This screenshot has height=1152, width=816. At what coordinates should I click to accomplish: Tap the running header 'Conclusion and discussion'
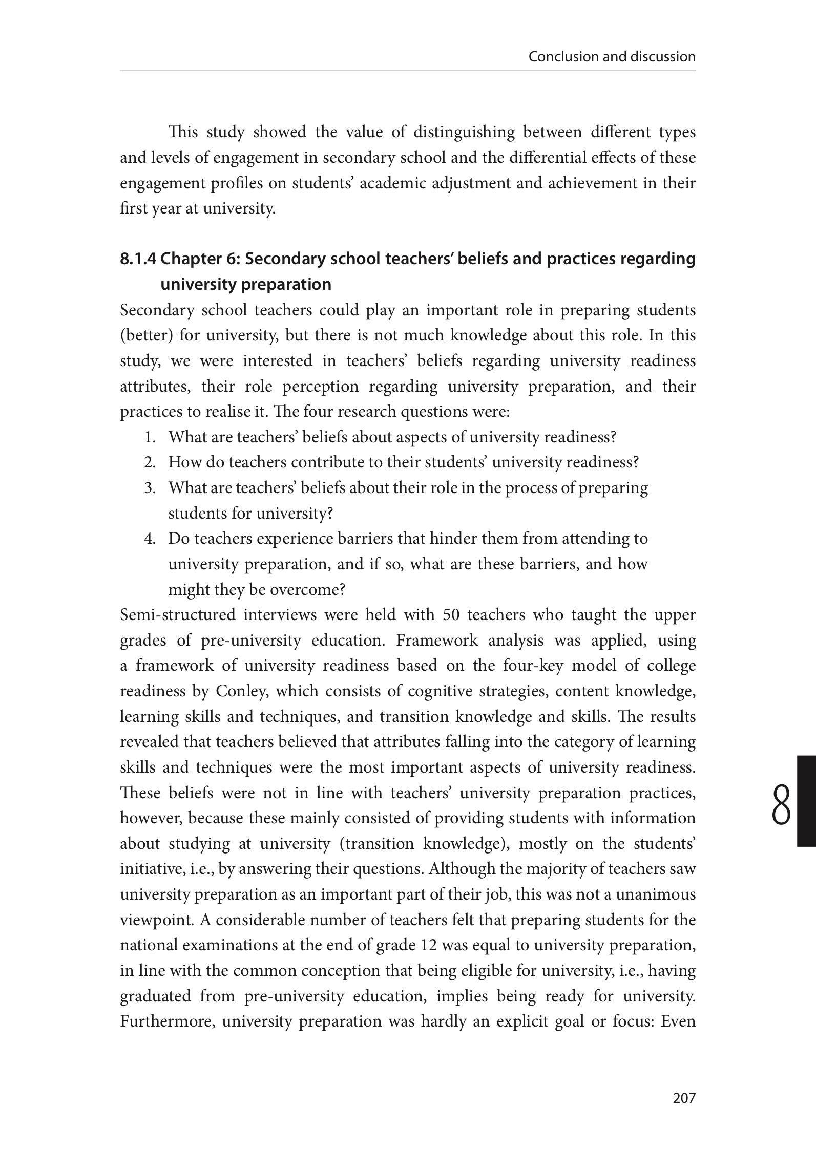612,56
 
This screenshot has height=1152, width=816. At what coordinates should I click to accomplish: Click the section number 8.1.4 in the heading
138,260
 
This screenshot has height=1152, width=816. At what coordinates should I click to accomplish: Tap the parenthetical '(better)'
145,336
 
